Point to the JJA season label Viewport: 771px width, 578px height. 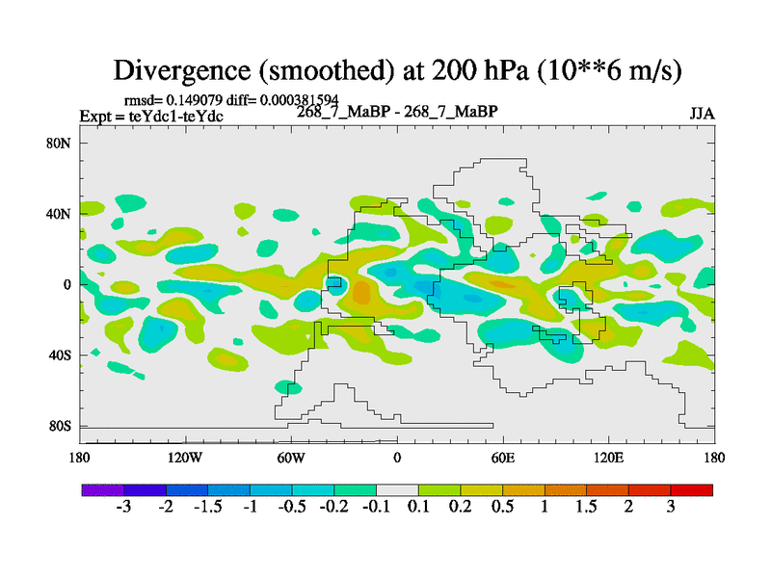click(701, 114)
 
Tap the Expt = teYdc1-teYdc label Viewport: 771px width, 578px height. click(151, 117)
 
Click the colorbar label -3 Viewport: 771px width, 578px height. click(123, 508)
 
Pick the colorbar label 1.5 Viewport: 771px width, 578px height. click(586, 508)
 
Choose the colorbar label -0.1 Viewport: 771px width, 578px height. click(376, 508)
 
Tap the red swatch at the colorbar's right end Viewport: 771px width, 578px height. click(692, 489)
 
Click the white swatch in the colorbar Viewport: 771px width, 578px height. click(397, 489)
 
